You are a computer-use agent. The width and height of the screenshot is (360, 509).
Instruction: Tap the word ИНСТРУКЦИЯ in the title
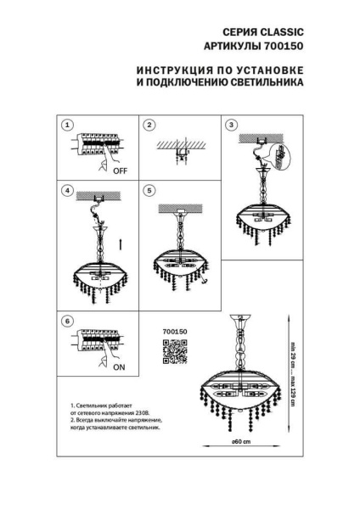click(175, 70)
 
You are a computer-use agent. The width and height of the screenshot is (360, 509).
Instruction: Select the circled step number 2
click(148, 125)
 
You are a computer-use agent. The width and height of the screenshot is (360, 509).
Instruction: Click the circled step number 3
click(228, 125)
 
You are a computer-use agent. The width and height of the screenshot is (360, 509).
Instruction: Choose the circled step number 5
click(148, 191)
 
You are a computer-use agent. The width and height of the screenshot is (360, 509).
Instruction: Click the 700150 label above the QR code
click(173, 331)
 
